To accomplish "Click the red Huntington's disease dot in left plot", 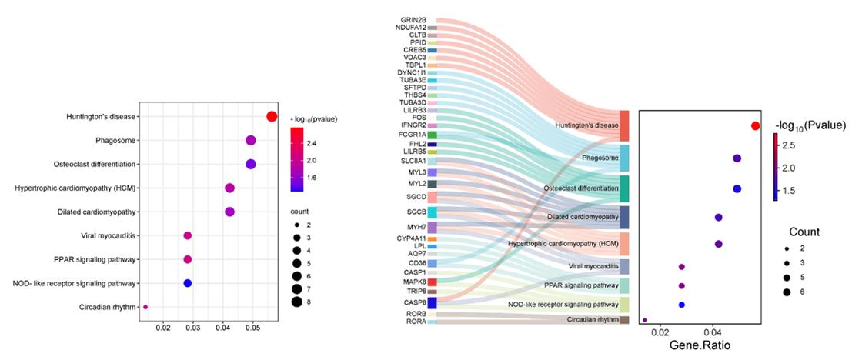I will click(271, 116).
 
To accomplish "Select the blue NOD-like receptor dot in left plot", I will click(187, 283).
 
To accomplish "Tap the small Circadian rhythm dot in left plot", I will click(145, 307).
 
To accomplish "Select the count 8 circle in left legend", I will click(296, 301).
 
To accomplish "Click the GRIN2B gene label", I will click(413, 20).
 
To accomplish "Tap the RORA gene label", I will click(416, 322).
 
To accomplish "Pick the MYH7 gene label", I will click(416, 228).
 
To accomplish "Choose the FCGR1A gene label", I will click(413, 135).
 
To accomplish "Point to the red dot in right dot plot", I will click(755, 125).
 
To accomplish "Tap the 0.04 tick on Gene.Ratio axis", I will click(713, 332).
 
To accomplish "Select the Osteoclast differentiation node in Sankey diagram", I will click(624, 188).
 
